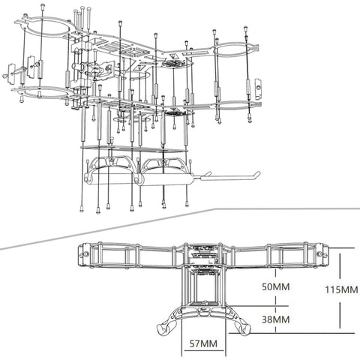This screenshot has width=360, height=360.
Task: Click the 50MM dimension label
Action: (x=276, y=286)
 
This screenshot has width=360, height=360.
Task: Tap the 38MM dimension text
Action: (x=276, y=319)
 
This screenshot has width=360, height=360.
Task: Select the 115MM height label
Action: (x=341, y=290)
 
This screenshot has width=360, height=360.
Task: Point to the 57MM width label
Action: (x=203, y=343)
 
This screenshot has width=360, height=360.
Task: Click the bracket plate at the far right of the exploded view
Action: (x=258, y=88)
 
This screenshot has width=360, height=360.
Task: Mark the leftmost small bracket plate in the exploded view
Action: (x=11, y=73)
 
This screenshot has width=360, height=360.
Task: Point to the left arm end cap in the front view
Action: (x=82, y=254)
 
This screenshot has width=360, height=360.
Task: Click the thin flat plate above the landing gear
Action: (x=133, y=149)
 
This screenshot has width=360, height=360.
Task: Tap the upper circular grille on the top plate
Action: (x=175, y=63)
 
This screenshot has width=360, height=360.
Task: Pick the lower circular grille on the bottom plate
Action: (x=177, y=112)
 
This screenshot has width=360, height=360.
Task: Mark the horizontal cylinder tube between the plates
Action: (x=78, y=67)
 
